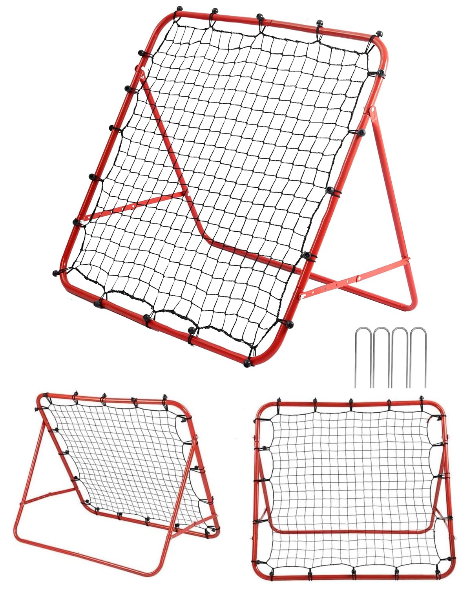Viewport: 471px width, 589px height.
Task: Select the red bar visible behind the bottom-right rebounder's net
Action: (353, 532)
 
